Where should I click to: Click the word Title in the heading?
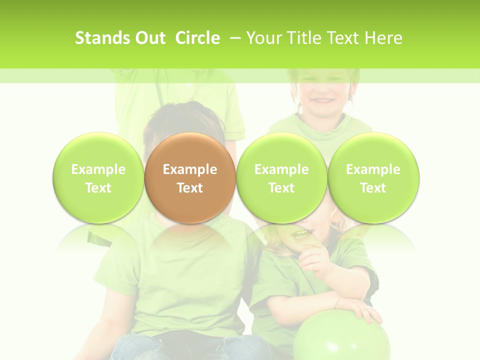click(x=303, y=38)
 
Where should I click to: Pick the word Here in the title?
click(x=383, y=38)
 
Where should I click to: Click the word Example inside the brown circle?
click(x=190, y=169)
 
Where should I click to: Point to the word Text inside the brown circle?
click(x=190, y=188)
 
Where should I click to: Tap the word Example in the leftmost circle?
click(x=98, y=169)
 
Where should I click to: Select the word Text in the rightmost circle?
click(x=373, y=188)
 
